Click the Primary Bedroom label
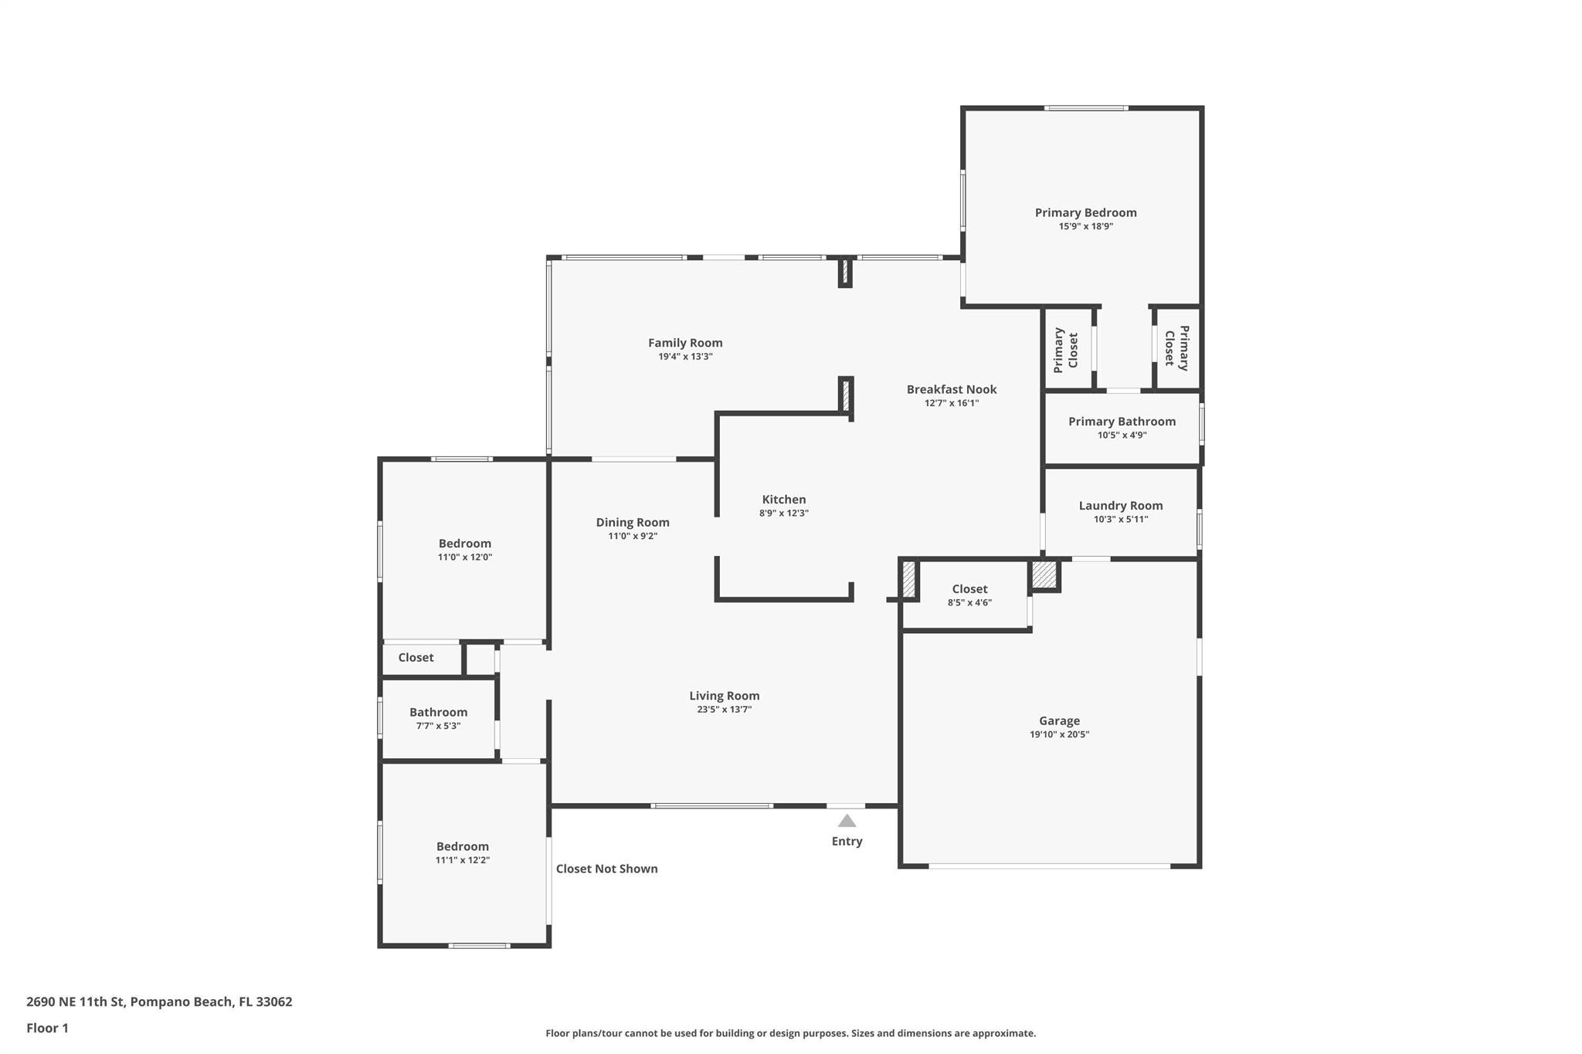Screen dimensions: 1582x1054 pyautogui.click(x=1085, y=212)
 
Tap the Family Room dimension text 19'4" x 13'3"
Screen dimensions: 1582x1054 pyautogui.click(x=685, y=357)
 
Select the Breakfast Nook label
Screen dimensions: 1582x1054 pyautogui.click(x=952, y=389)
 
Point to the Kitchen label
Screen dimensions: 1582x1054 pyautogui.click(x=784, y=500)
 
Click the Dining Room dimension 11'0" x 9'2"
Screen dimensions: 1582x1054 pyautogui.click(x=633, y=536)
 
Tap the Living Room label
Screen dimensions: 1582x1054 pyautogui.click(x=725, y=696)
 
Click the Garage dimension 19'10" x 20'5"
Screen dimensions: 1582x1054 pyautogui.click(x=1059, y=734)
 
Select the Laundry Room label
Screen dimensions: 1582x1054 pyautogui.click(x=1121, y=506)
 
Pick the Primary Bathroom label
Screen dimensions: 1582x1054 pyautogui.click(x=1122, y=422)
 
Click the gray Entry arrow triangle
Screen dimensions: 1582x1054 pyautogui.click(x=847, y=821)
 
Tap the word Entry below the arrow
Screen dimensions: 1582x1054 pyautogui.click(x=847, y=842)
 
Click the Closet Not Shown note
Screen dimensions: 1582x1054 pyautogui.click(x=607, y=869)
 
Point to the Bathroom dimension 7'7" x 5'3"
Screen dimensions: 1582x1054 pyautogui.click(x=438, y=726)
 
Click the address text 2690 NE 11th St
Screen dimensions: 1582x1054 pyautogui.click(x=75, y=1002)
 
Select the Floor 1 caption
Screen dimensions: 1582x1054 pyautogui.click(x=47, y=1028)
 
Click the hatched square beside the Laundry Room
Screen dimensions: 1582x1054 pyautogui.click(x=1044, y=575)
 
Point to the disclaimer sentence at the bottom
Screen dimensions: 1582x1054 pyautogui.click(x=790, y=1033)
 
